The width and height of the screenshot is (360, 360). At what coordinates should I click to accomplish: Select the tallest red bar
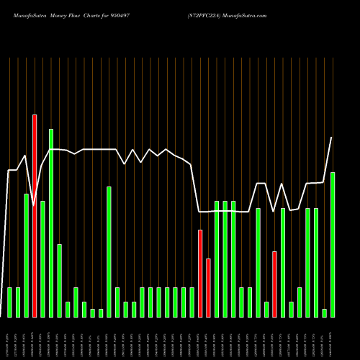(x=35, y=216)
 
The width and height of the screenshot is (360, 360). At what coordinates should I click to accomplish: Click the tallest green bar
(x=51, y=223)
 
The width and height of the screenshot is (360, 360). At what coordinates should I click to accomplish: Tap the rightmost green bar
(x=333, y=245)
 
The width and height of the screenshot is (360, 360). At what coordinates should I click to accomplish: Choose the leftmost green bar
(x=10, y=302)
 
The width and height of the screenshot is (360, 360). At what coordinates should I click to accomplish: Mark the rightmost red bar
(x=274, y=284)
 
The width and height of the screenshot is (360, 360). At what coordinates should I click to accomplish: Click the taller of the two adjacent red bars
(x=200, y=274)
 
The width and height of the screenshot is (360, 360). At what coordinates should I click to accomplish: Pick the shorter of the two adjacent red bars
(x=208, y=288)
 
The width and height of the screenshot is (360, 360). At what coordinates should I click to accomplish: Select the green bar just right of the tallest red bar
(x=42, y=259)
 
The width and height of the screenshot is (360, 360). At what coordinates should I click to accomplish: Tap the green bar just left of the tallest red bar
(x=27, y=256)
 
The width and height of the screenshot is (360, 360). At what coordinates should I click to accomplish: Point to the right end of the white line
(x=332, y=138)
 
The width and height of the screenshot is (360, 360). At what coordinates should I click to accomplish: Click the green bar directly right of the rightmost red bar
(x=283, y=263)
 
